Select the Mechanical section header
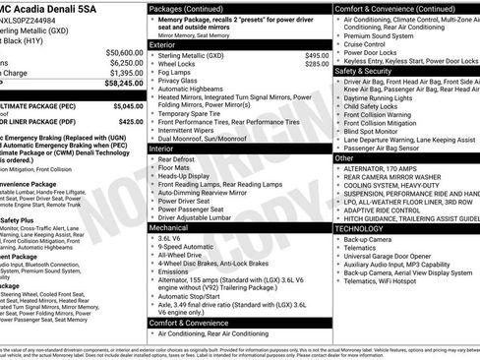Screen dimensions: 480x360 (x=170, y=227)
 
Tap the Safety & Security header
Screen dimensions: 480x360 (x=364, y=71)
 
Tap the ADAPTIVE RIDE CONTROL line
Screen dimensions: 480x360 (x=385, y=210)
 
